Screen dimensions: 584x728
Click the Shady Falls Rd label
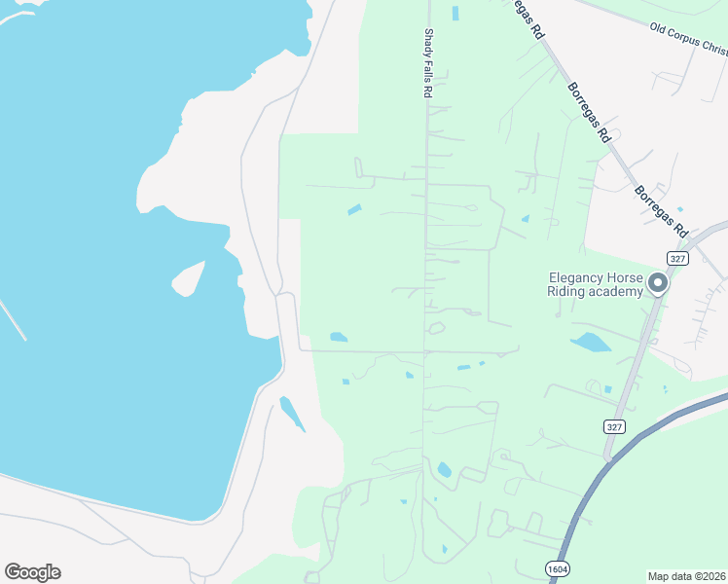(x=426, y=62)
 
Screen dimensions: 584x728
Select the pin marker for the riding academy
(x=658, y=284)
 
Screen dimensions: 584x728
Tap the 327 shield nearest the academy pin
(x=678, y=257)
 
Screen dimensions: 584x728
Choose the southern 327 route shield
(x=613, y=426)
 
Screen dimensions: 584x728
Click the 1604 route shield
(x=557, y=568)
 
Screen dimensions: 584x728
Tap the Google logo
(x=32, y=572)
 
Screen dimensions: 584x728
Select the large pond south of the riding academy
(x=590, y=343)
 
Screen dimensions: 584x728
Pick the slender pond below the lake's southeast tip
(x=292, y=414)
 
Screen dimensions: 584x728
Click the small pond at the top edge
(x=455, y=13)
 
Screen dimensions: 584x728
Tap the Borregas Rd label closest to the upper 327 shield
(x=662, y=211)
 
